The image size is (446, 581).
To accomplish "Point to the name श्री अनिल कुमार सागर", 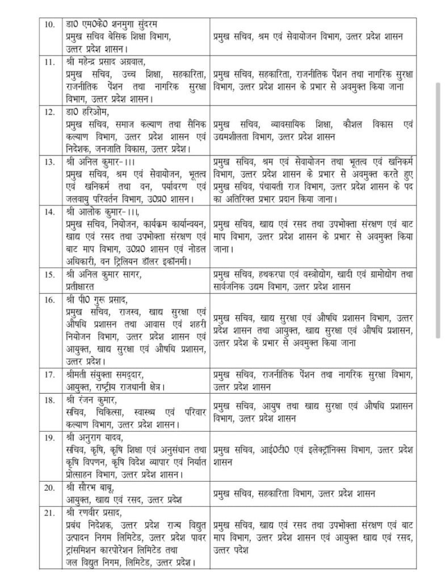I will (103, 275).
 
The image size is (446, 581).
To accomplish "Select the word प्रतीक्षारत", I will (78, 286).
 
